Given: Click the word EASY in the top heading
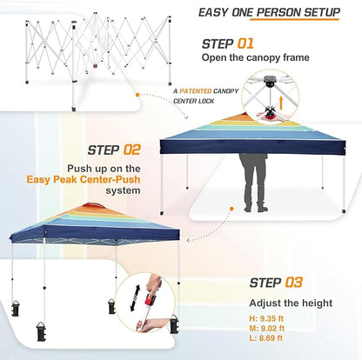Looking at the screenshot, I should [215, 12].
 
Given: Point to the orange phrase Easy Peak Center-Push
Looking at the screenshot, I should [136, 180].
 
